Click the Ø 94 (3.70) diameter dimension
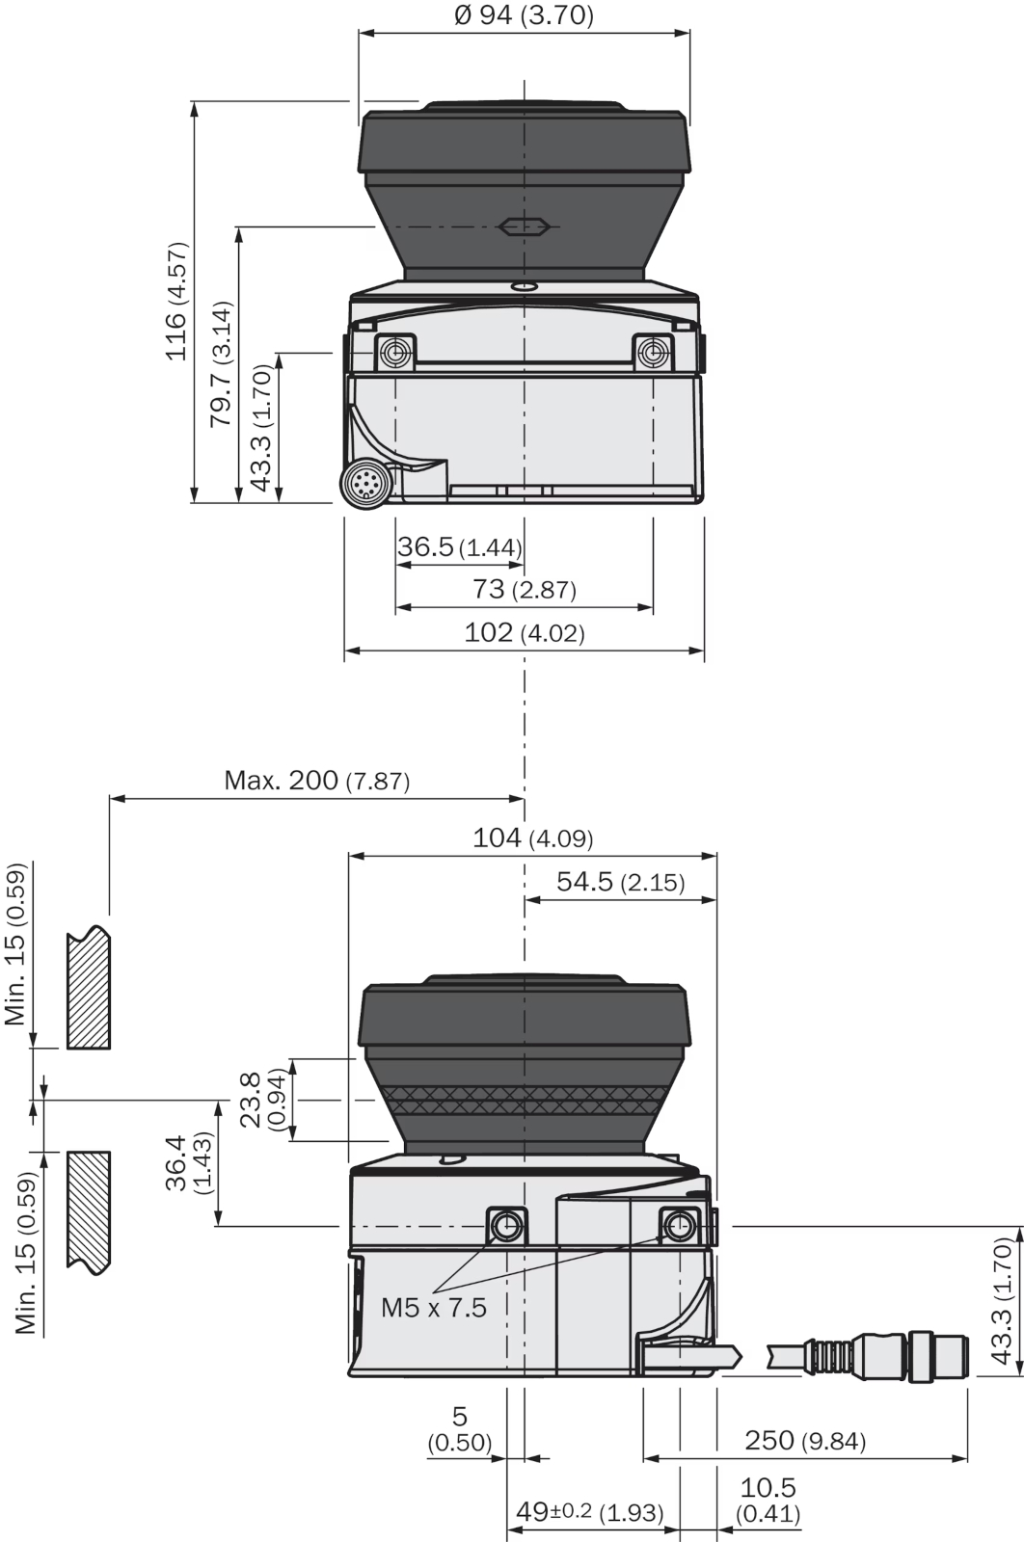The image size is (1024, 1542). (x=524, y=15)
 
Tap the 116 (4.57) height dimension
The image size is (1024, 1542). (x=176, y=301)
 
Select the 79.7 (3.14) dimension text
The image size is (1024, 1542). (x=221, y=362)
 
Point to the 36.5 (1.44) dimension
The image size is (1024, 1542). (x=459, y=547)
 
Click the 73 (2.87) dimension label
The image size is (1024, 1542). (x=524, y=589)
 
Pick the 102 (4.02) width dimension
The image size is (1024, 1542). (x=524, y=632)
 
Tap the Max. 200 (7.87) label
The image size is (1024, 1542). (x=317, y=780)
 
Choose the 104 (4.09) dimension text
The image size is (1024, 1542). (x=532, y=837)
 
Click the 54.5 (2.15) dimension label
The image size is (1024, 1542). (x=620, y=882)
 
